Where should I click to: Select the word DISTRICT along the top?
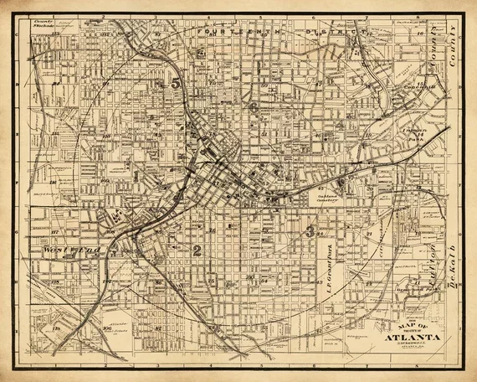[x=331, y=32]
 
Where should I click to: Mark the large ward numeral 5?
[x=175, y=83]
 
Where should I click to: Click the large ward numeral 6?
[x=252, y=107]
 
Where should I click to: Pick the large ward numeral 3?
[x=311, y=230]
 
